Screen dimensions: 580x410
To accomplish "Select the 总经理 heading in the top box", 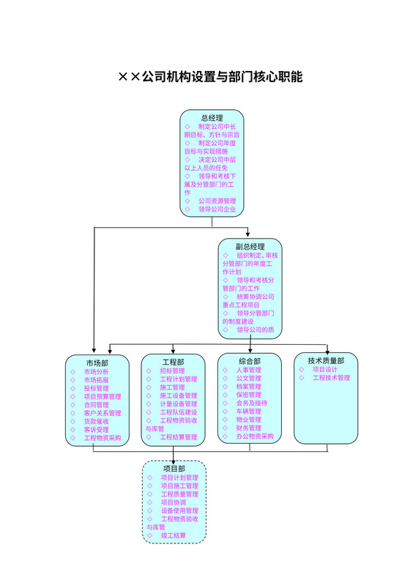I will [212, 118].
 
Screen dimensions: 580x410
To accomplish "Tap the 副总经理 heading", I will [250, 246].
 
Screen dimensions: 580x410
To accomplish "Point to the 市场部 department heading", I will [97, 362].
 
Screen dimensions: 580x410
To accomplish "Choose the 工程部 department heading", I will [173, 362].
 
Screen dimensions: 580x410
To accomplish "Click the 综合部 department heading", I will [249, 361].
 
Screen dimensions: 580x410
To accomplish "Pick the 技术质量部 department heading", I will [326, 360].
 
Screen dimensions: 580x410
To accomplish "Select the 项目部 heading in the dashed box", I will [174, 468].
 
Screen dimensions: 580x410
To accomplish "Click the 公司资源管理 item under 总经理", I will [217, 201].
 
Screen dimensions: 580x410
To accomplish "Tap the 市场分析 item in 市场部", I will [96, 371].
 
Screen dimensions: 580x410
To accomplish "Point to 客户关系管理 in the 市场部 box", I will [102, 413].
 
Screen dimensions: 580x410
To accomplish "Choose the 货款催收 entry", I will [96, 421].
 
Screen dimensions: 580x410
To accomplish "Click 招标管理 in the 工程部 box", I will [173, 371].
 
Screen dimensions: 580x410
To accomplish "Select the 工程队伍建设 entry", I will [179, 412].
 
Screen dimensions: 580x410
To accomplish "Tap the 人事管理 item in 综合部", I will [249, 371].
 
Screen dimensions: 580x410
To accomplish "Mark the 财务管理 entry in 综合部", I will [249, 428].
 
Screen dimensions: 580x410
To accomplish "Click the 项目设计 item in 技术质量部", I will [325, 370].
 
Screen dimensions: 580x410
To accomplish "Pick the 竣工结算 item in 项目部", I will [174, 536].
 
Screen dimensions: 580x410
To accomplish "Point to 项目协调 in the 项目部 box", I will [173, 502].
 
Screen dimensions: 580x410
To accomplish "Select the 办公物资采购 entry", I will [255, 436].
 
